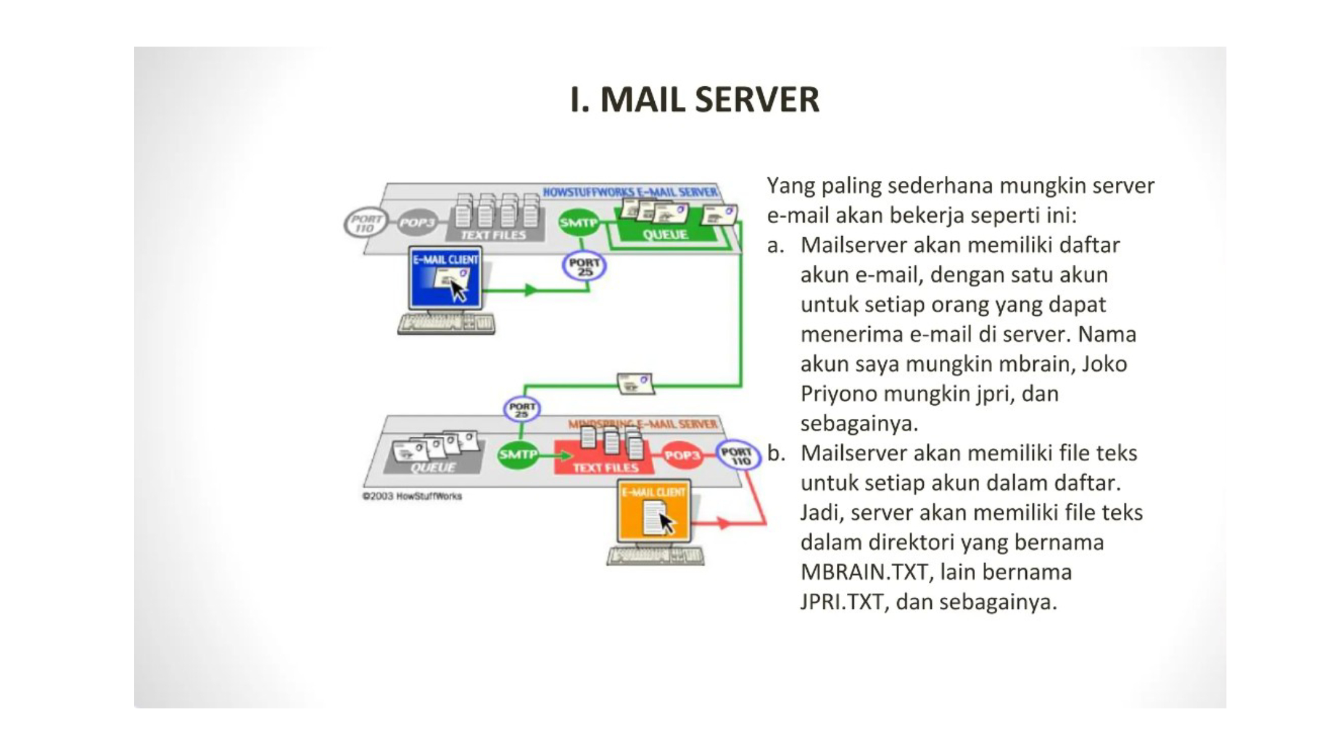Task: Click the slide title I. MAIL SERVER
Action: pyautogui.click(x=695, y=99)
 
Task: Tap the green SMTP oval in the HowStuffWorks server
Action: pyautogui.click(x=578, y=222)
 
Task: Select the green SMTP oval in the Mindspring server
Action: pyautogui.click(x=518, y=455)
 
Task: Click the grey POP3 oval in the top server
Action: pyautogui.click(x=417, y=222)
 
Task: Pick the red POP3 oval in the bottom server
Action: pyautogui.click(x=682, y=455)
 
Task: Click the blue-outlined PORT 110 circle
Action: pyautogui.click(x=737, y=455)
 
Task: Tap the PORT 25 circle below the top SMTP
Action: pyautogui.click(x=584, y=267)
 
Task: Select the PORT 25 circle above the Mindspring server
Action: pyautogui.click(x=522, y=410)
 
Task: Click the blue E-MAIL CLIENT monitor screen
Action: pyautogui.click(x=445, y=278)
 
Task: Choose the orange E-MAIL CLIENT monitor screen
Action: pyautogui.click(x=654, y=511)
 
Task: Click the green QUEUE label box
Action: pyautogui.click(x=665, y=234)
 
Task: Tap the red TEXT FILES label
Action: pyautogui.click(x=605, y=467)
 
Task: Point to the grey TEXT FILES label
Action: pyautogui.click(x=493, y=235)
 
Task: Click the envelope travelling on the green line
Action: pyautogui.click(x=635, y=383)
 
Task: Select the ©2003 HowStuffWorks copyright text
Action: pyautogui.click(x=412, y=496)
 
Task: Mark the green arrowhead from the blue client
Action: pyautogui.click(x=530, y=290)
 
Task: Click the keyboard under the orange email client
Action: pyautogui.click(x=655, y=556)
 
